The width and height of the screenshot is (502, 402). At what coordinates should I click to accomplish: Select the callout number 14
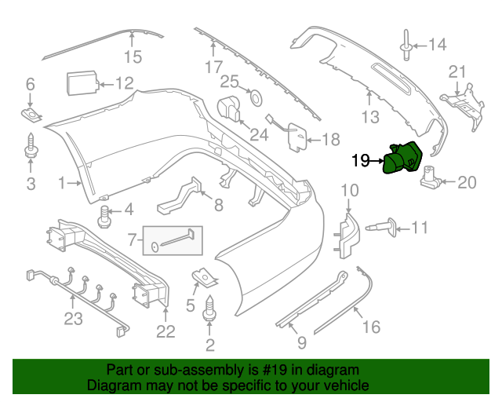[436, 45]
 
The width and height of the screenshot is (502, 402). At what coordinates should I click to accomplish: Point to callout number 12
[125, 83]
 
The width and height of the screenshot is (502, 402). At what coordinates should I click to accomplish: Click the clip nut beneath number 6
[31, 115]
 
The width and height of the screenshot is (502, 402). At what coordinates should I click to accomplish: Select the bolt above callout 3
[31, 147]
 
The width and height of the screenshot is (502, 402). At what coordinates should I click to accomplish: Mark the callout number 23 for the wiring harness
[73, 320]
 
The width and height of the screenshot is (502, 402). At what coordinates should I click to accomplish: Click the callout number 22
[165, 331]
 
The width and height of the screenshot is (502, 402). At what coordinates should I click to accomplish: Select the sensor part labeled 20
[430, 177]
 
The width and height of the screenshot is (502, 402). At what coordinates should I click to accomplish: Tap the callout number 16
[371, 327]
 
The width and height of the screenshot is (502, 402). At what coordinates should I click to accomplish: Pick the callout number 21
[457, 72]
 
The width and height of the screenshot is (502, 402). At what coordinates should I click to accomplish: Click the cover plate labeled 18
[296, 137]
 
